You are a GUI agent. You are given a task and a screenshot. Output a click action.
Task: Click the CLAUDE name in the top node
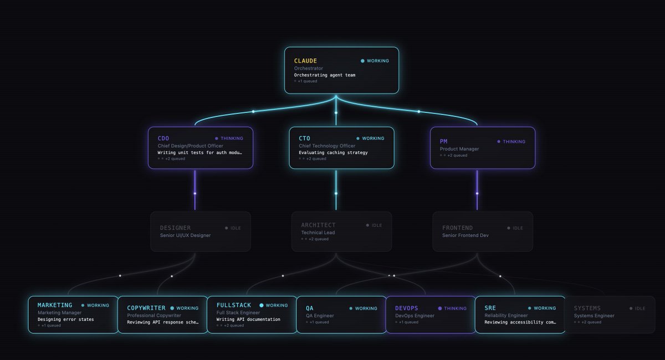pos(305,61)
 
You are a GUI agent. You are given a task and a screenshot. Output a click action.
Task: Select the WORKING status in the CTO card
pos(373,138)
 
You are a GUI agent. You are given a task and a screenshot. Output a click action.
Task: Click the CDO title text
pos(163,138)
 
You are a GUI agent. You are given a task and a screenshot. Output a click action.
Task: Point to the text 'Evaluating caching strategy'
pos(333,152)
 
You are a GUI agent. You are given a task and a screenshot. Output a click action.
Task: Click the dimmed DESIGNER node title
pos(175,228)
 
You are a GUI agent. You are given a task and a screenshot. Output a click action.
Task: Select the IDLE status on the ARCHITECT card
pos(377,225)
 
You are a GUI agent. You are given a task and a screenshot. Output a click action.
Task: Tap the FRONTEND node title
pos(457,228)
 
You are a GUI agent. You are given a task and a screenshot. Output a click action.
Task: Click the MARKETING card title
pos(55,305)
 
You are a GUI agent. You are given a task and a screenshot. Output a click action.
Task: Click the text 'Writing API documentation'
pos(248,319)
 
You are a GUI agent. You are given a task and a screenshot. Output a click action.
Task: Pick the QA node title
pos(309,308)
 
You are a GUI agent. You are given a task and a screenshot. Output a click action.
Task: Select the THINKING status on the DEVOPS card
pos(455,308)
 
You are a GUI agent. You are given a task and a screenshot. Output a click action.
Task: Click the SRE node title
pos(490,308)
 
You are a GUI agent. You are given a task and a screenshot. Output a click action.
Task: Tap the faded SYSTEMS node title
pos(587,308)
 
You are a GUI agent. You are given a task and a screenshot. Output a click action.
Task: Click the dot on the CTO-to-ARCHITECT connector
pos(336,193)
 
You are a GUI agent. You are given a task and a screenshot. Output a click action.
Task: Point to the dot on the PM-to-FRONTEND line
pos(477,193)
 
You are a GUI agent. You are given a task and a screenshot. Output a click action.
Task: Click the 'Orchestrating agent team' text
pos(325,75)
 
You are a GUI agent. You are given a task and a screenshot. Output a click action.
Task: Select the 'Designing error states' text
pos(65,319)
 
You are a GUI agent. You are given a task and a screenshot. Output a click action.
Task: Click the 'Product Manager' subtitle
pos(459,149)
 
